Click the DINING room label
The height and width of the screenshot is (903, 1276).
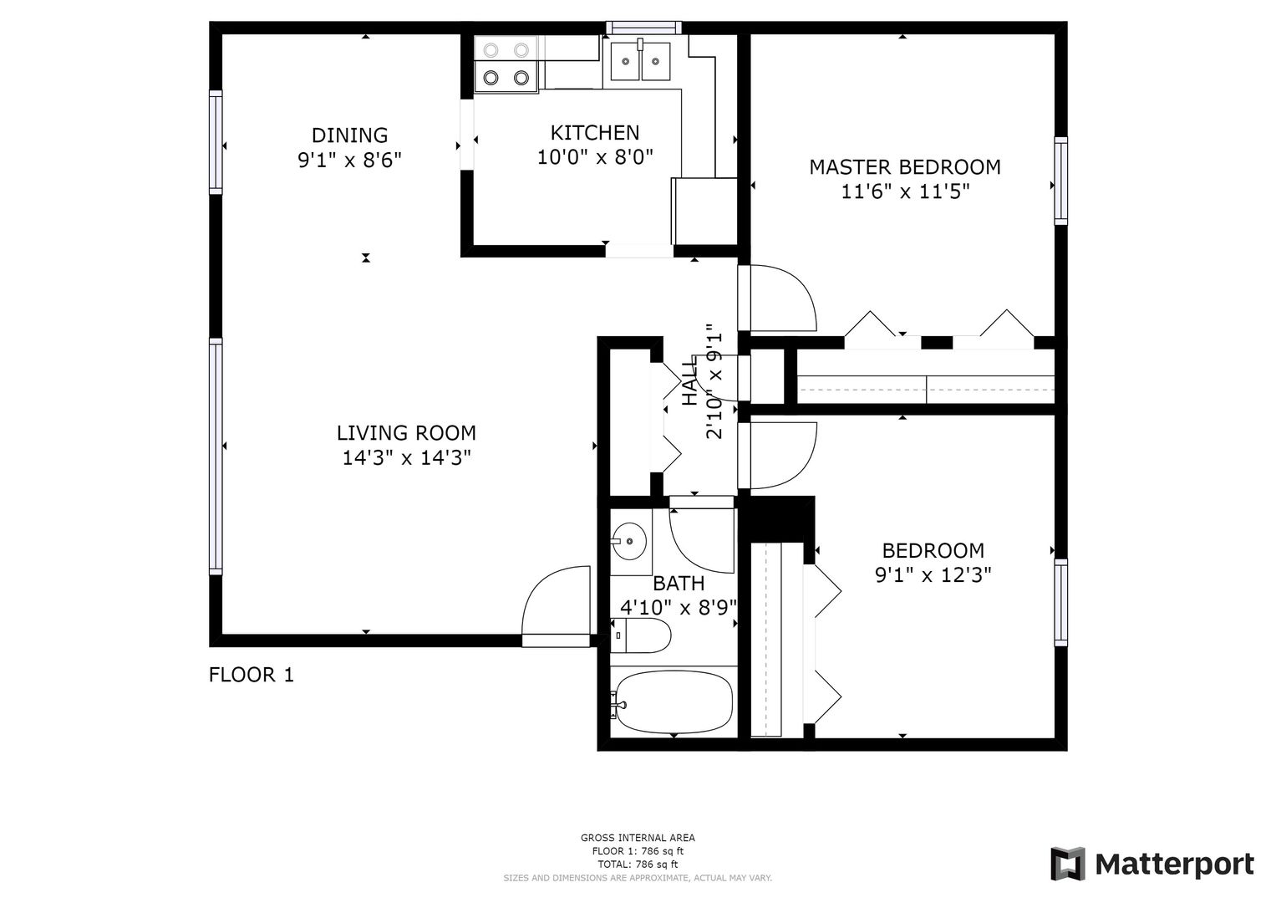coord(350,135)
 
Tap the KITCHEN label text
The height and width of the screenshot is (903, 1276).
coord(595,133)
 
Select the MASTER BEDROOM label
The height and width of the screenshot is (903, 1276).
coord(905,167)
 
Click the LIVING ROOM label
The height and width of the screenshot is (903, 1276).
coord(406,433)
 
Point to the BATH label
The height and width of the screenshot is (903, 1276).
coord(679,584)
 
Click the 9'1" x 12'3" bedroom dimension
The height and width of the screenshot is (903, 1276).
coord(933,575)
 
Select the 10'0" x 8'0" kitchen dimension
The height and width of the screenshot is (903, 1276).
coord(595,157)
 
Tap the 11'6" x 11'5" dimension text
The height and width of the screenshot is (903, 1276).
coord(905,191)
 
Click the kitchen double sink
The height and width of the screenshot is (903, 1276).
coord(640,60)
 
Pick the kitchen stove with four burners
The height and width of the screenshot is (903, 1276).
coord(506,64)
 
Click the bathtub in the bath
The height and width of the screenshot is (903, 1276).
coord(674,701)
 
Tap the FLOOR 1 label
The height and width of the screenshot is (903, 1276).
coord(252,675)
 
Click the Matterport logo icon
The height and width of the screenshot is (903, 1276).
coord(1069,864)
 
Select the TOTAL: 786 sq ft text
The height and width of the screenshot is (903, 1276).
coord(638,865)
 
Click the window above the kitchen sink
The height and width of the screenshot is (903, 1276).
coord(643,28)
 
